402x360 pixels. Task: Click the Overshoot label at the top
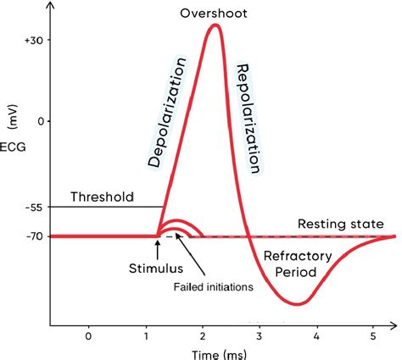212,14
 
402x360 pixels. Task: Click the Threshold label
102,197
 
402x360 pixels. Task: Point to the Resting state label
340,224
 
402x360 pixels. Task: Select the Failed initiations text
215,287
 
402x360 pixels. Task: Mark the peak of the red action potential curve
215,25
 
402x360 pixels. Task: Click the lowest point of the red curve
295,302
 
